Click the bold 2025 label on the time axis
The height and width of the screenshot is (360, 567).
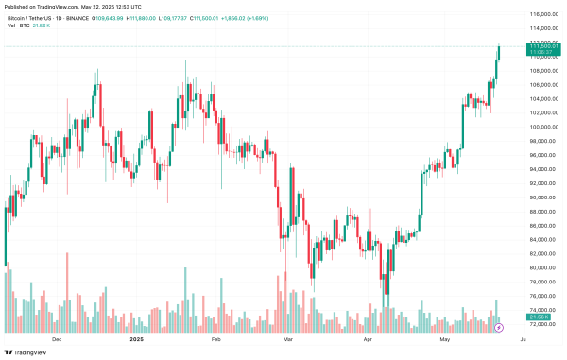point(137,337)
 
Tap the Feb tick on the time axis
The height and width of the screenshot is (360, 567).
point(215,337)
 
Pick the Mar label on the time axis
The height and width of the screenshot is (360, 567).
point(289,337)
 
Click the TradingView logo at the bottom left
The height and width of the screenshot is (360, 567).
point(26,351)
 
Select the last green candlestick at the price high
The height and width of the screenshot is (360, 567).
point(499,52)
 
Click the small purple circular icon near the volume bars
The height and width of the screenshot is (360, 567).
point(499,327)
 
